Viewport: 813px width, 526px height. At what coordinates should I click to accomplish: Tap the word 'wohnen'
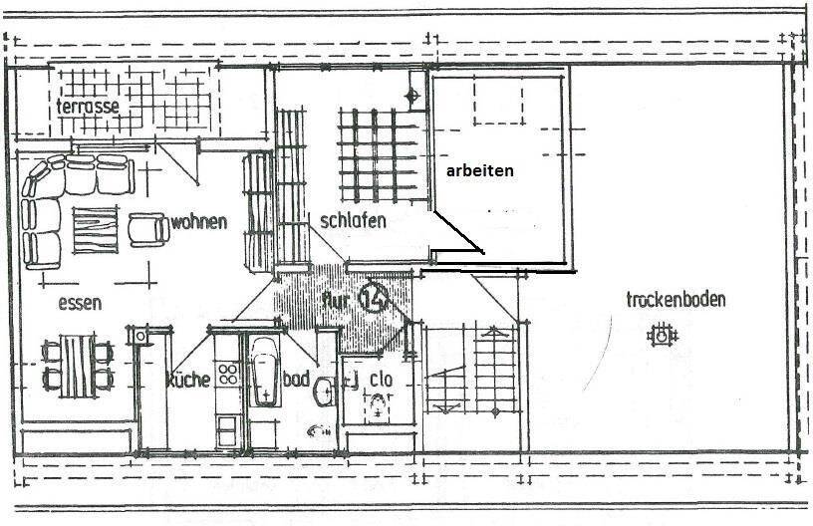click(198, 221)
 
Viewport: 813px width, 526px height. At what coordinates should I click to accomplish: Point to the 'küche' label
click(187, 379)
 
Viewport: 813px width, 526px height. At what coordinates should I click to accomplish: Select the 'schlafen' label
click(353, 220)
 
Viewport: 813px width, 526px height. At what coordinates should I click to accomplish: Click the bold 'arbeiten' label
click(480, 170)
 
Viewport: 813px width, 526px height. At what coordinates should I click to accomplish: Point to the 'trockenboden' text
click(676, 299)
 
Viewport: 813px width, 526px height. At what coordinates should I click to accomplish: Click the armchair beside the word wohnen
click(148, 230)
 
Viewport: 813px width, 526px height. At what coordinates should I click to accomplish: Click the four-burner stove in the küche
click(227, 375)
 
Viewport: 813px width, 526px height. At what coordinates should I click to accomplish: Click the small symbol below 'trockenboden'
click(660, 337)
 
